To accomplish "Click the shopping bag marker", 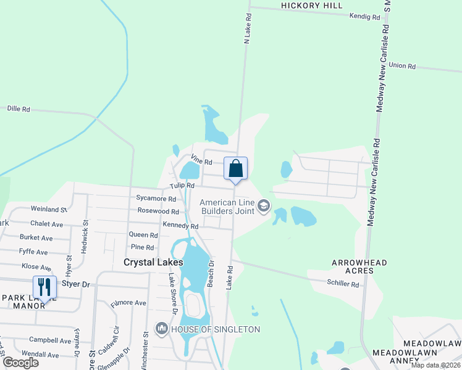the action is tap(235, 168).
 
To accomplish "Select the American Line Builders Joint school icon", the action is tap(264, 206).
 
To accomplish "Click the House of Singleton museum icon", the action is tap(162, 329).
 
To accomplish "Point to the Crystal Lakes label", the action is tap(153, 262).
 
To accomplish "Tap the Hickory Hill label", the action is tap(311, 6).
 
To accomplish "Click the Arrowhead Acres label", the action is tap(359, 266).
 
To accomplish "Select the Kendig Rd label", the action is tap(364, 17).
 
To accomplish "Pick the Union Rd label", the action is tap(402, 65).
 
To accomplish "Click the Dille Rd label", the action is tap(19, 109).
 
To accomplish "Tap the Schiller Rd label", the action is tap(343, 284).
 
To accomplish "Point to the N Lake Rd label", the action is tap(248, 28).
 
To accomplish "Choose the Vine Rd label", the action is tap(202, 162).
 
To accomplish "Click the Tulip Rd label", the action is tap(183, 186).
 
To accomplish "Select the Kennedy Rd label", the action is tap(180, 226).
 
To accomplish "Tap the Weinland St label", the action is tap(49, 210).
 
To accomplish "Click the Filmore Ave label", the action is tap(128, 303).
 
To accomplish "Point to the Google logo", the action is tap(20, 362).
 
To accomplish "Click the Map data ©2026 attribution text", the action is tap(436, 365).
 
